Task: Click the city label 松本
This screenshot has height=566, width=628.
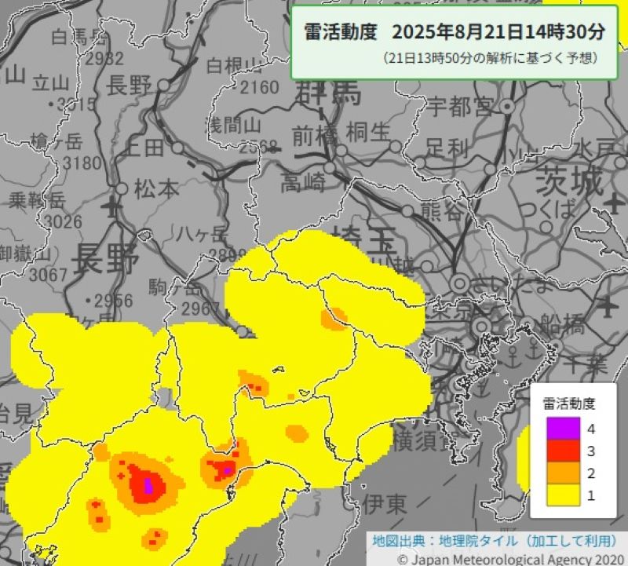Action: (x=156, y=189)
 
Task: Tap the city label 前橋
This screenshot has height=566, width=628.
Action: (x=313, y=135)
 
